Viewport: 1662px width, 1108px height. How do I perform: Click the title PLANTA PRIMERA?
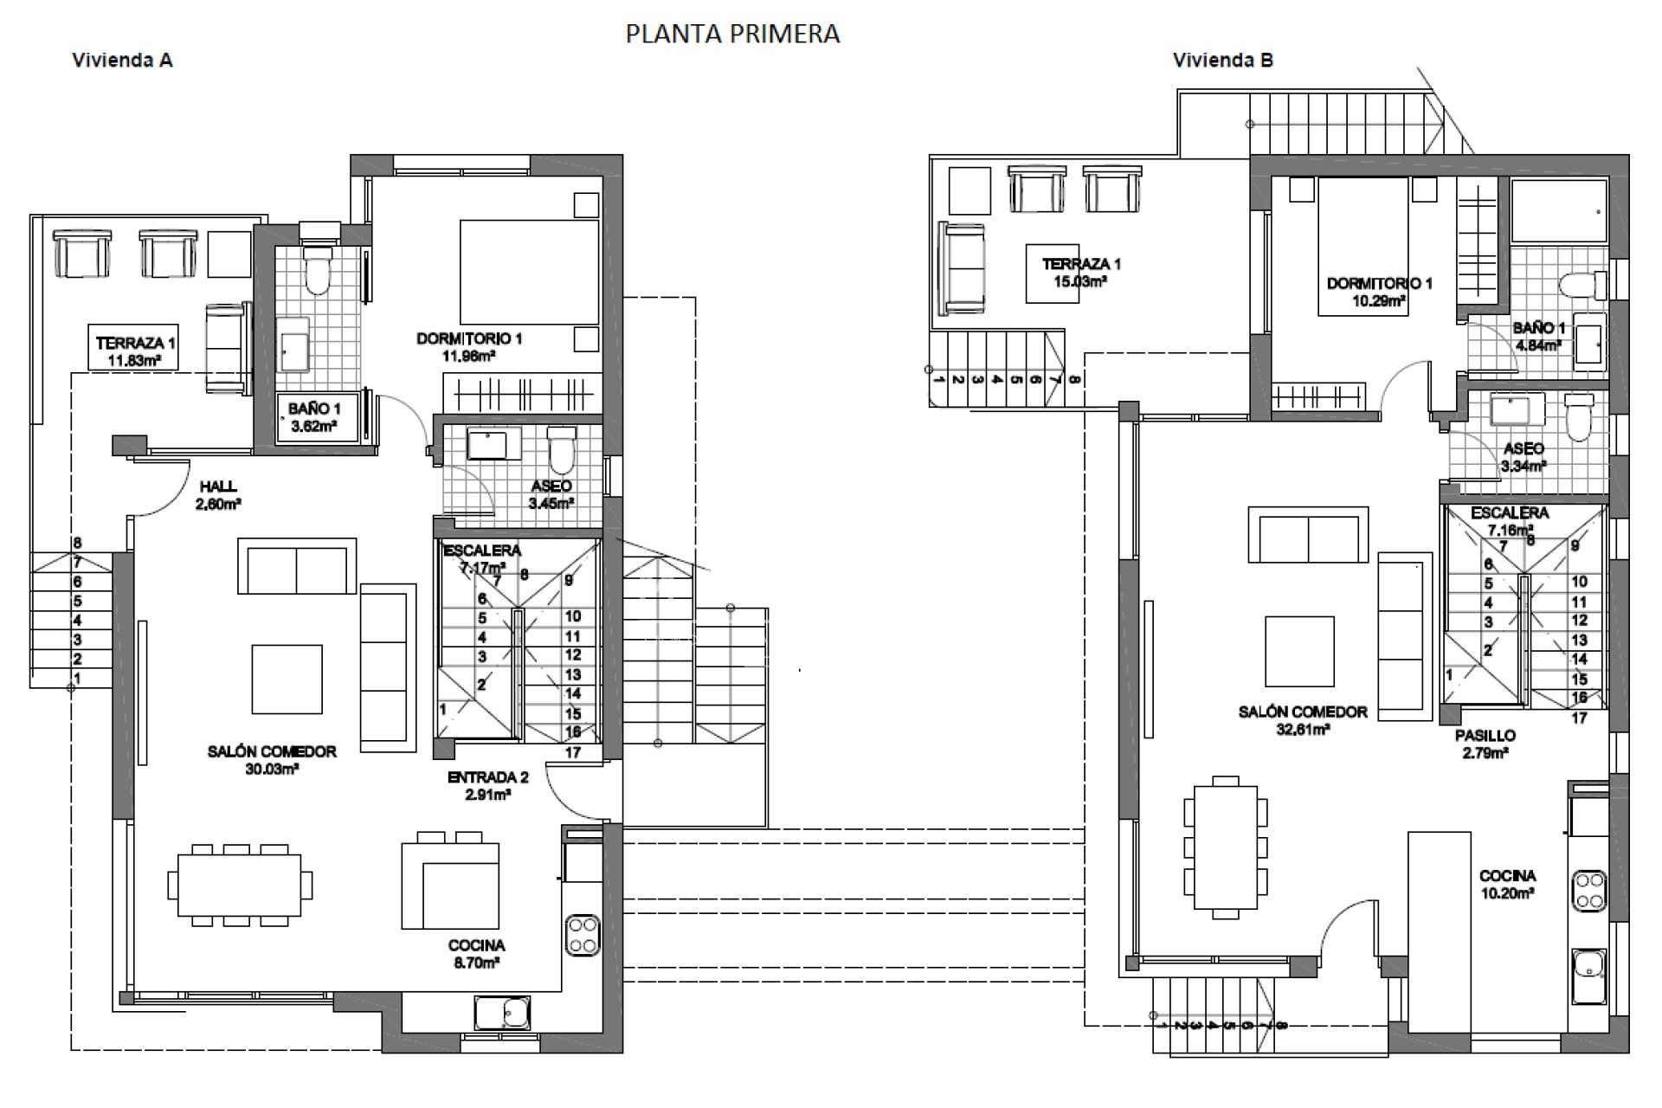732,34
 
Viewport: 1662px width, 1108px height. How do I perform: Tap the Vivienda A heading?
122,61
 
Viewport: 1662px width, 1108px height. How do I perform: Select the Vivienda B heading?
1222,61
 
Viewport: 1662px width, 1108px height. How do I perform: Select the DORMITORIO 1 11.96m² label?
469,347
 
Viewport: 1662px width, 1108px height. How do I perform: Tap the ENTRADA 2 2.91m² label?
487,786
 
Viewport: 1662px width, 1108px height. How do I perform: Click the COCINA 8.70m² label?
476,954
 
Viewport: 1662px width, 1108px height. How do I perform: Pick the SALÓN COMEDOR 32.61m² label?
1302,720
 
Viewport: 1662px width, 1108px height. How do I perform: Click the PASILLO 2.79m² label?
1485,744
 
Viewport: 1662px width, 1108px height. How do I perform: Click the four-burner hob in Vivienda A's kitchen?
583,935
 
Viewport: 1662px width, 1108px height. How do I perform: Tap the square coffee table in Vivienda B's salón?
1298,651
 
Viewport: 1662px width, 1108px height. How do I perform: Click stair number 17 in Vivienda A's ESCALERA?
573,752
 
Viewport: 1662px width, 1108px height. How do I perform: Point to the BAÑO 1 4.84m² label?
1538,337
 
